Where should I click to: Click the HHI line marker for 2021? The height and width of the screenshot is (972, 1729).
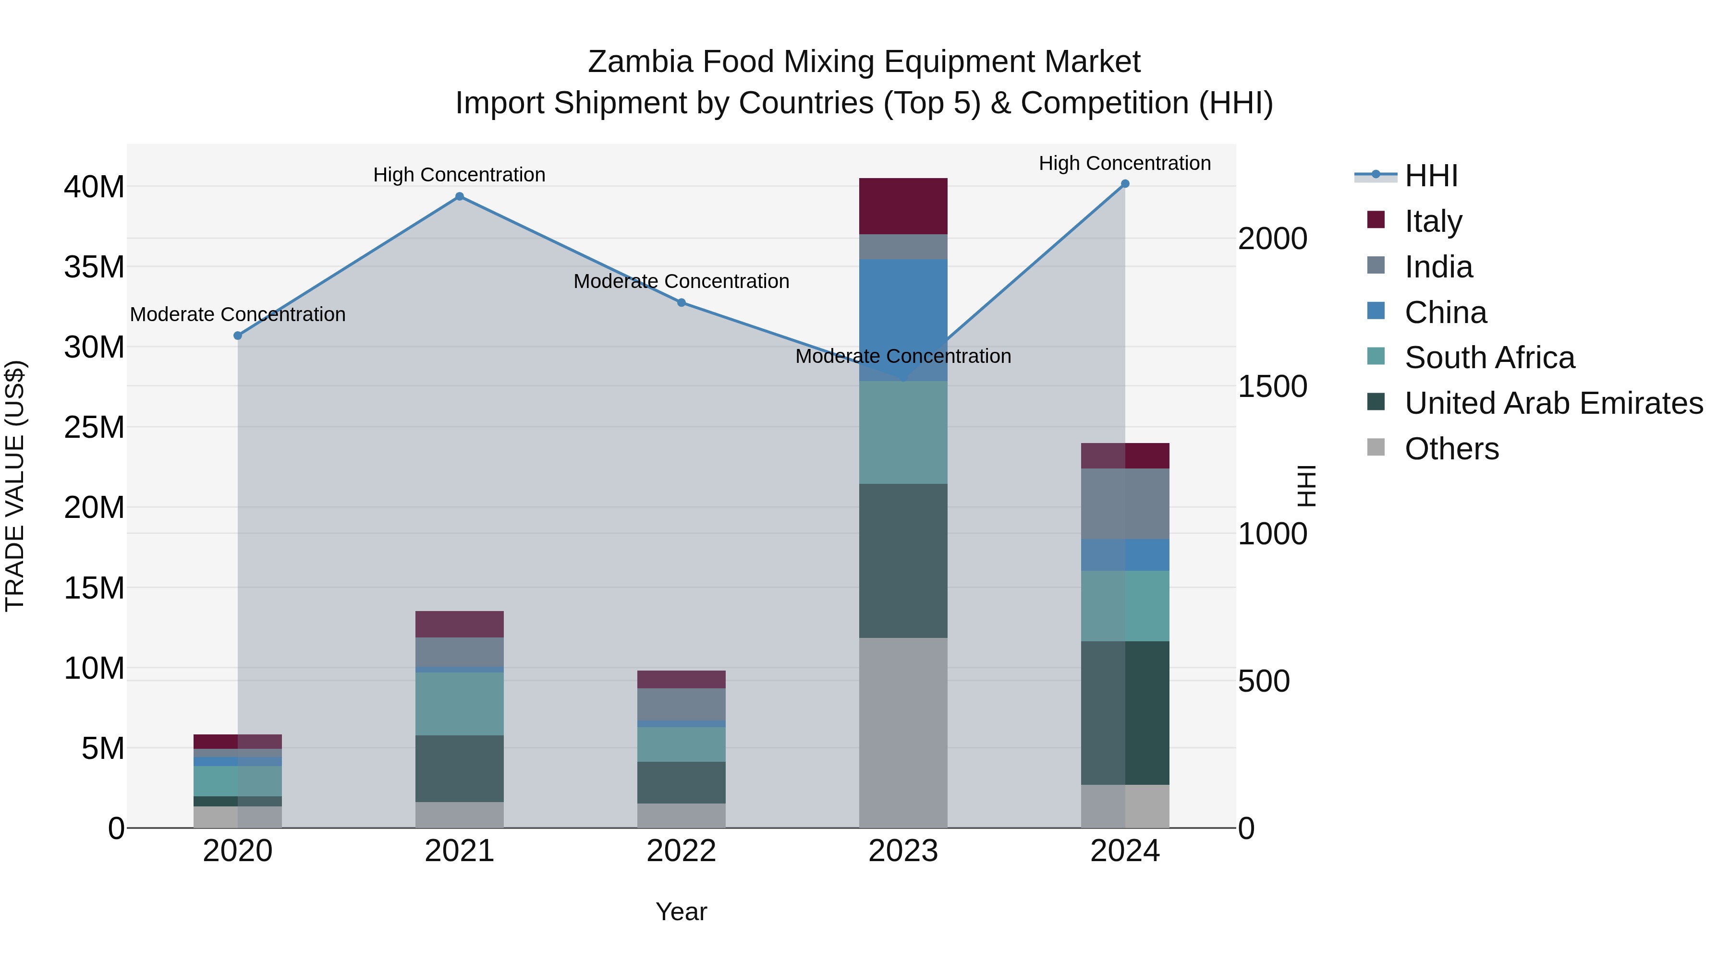459,196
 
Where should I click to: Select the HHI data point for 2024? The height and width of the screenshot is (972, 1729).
1125,184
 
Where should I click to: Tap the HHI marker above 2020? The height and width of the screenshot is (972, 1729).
238,336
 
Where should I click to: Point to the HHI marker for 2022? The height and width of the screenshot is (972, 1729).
681,302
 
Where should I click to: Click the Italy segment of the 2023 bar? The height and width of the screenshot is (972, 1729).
903,206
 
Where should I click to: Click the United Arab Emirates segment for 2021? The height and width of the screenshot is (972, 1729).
459,768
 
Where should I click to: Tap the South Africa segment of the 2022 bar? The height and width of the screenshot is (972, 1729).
681,744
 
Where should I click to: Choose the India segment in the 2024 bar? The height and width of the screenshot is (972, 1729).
1125,503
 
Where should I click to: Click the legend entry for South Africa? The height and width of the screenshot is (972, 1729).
1489,358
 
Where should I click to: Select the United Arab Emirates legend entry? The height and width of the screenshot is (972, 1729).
1553,403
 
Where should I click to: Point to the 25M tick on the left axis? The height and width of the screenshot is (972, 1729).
94,427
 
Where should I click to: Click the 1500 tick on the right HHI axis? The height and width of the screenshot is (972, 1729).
1272,386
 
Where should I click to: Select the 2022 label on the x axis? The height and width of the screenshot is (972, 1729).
681,851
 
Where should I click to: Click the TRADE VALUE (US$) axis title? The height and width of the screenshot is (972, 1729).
15,486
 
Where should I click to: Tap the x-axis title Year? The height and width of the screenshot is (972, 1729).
681,912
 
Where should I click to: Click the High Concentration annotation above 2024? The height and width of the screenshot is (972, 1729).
1125,163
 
